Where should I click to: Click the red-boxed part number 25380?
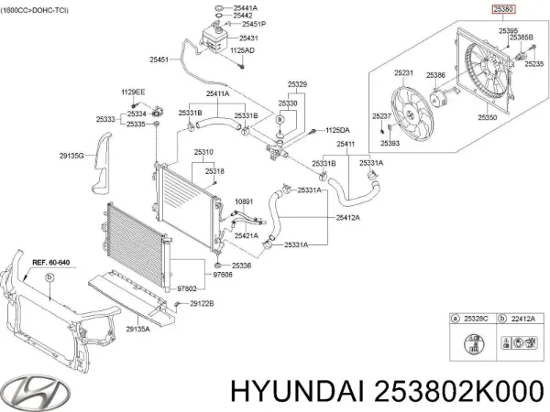pyautogui.click(x=503, y=9)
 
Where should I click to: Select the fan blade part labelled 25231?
pyautogui.click(x=412, y=115)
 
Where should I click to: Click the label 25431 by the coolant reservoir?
pyautogui.click(x=248, y=38)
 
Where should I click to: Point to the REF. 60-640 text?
pyautogui.click(x=51, y=262)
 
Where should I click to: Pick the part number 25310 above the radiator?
pyautogui.click(x=203, y=152)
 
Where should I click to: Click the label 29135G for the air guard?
pyautogui.click(x=71, y=156)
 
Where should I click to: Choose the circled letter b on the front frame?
pyautogui.click(x=49, y=277)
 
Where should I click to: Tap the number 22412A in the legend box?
pyautogui.click(x=523, y=319)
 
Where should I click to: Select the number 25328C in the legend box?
pyautogui.click(x=476, y=319)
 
